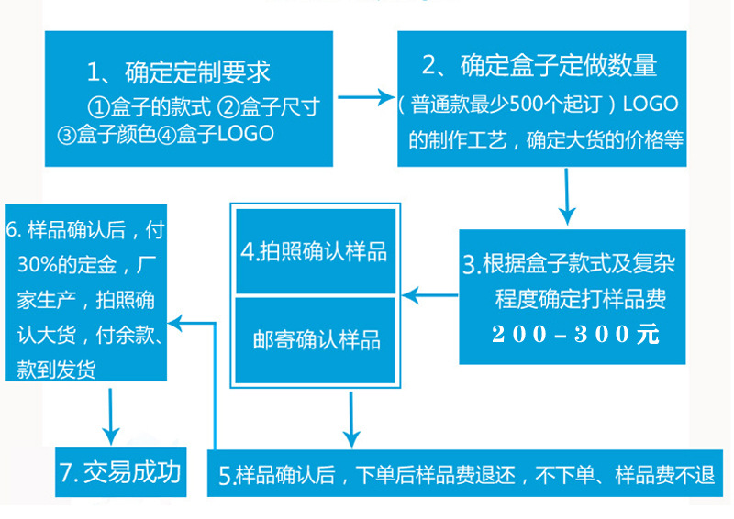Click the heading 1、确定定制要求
point(179,72)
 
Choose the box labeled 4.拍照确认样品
point(315,251)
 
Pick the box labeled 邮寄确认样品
point(316,340)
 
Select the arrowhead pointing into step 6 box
point(180,322)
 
